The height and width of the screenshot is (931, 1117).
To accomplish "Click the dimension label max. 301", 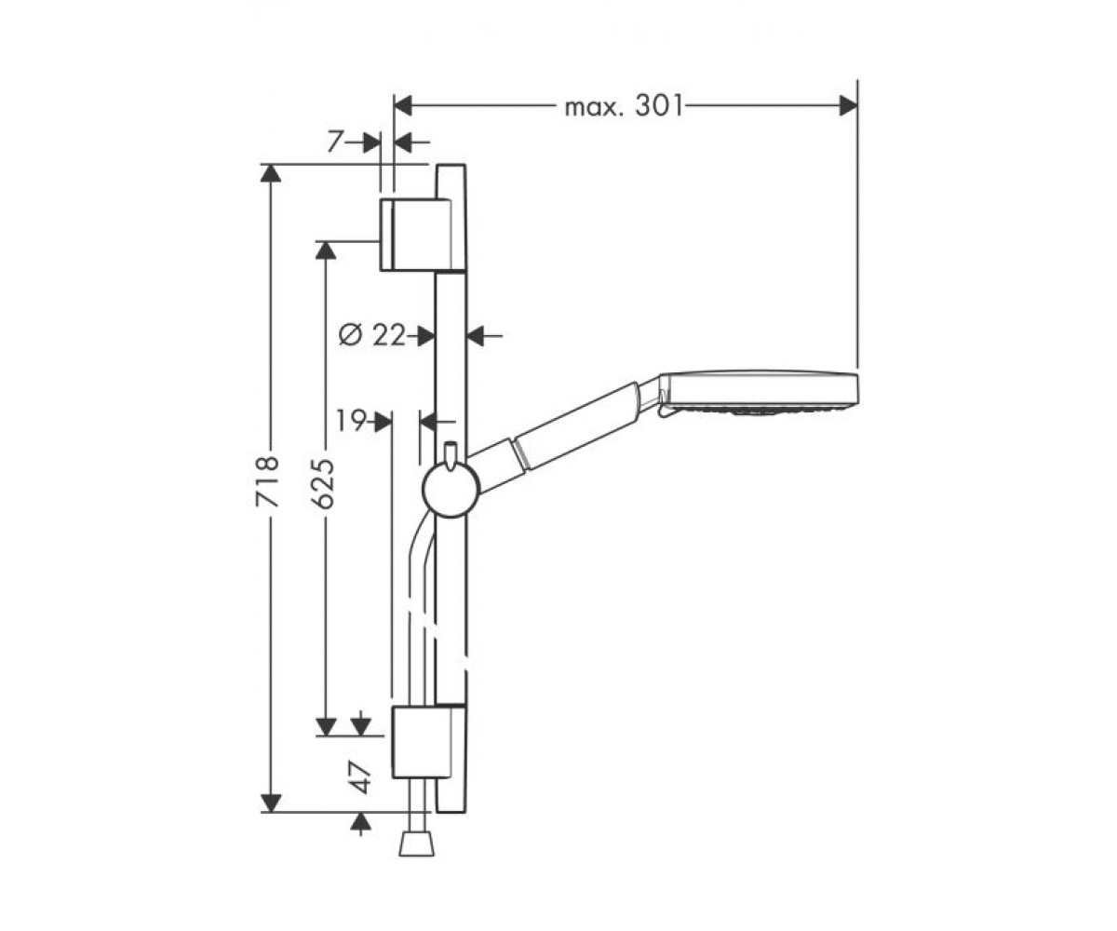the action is tap(625, 107).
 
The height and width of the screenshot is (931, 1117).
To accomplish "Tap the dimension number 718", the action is tap(267, 481).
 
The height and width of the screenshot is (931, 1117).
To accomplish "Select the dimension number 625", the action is tap(323, 483).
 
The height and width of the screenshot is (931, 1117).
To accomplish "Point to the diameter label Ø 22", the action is tap(371, 336).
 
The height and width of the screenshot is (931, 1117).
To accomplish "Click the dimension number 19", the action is tap(351, 421).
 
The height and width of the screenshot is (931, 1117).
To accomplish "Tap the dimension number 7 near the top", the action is tap(335, 142).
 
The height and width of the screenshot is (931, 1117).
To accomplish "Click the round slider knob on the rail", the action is tap(451, 489).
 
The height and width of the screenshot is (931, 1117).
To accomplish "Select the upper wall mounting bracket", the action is tap(423, 235).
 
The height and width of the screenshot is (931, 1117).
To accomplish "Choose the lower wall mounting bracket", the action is tap(428, 742).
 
